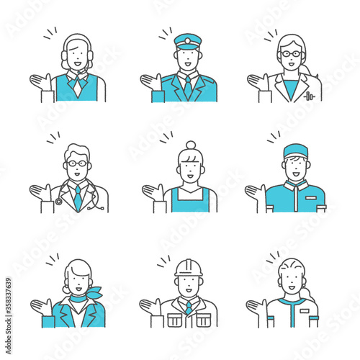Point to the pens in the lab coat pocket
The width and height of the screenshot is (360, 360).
point(309,95)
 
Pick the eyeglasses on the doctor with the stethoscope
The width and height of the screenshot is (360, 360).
point(77,164)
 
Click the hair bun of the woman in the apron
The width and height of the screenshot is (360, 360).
point(190,145)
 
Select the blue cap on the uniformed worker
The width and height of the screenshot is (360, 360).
point(295,150)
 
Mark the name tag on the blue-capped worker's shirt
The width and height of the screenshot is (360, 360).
point(310,197)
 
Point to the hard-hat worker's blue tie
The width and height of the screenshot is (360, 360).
point(187,307)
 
